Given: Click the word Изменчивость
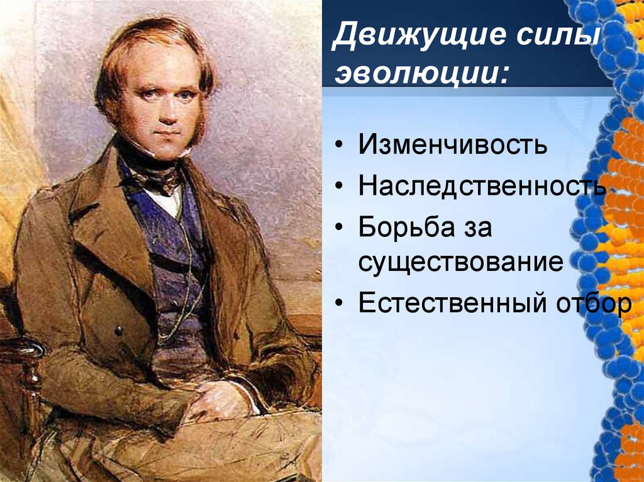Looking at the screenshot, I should click(x=452, y=146).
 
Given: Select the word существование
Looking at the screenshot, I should click(x=460, y=261).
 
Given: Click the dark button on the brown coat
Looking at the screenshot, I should click(x=117, y=330).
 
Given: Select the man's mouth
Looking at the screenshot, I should click(x=165, y=134).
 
